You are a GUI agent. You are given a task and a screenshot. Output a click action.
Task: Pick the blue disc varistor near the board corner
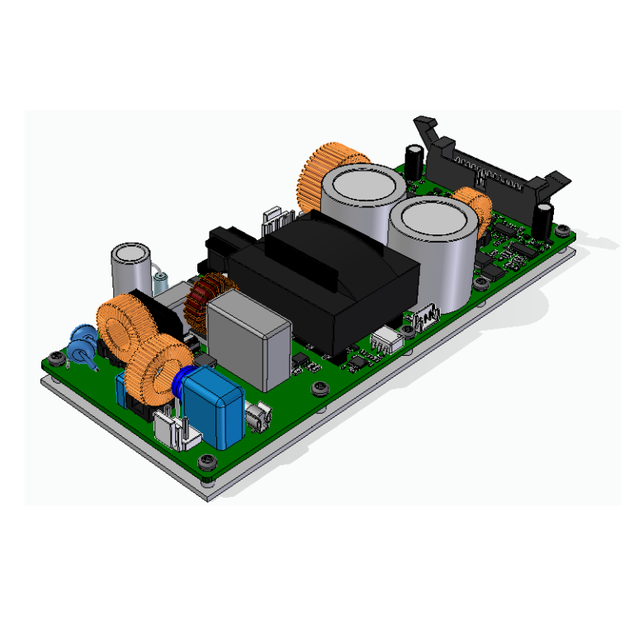tap(82, 338)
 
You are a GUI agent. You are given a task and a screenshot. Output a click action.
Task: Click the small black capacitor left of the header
tap(414, 158)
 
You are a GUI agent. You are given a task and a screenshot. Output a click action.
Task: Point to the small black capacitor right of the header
tap(542, 216)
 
